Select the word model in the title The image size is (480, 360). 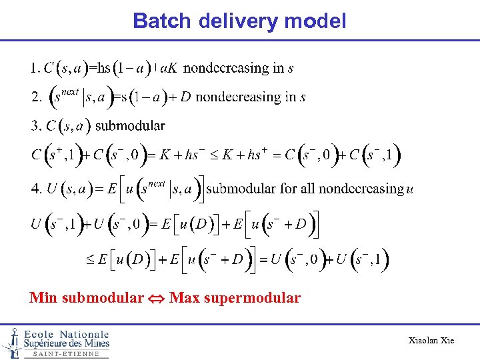click(315, 21)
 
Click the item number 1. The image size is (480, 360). click(35, 67)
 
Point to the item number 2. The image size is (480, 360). click(36, 97)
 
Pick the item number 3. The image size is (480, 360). click(36, 125)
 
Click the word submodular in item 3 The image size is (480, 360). click(130, 125)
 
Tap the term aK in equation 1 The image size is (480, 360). click(169, 67)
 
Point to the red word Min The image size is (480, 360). click(44, 297)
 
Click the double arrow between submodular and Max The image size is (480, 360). click(157, 298)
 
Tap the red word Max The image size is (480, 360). click(184, 297)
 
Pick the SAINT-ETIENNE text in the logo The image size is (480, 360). click(66, 354)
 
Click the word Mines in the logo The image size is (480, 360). click(95, 343)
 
